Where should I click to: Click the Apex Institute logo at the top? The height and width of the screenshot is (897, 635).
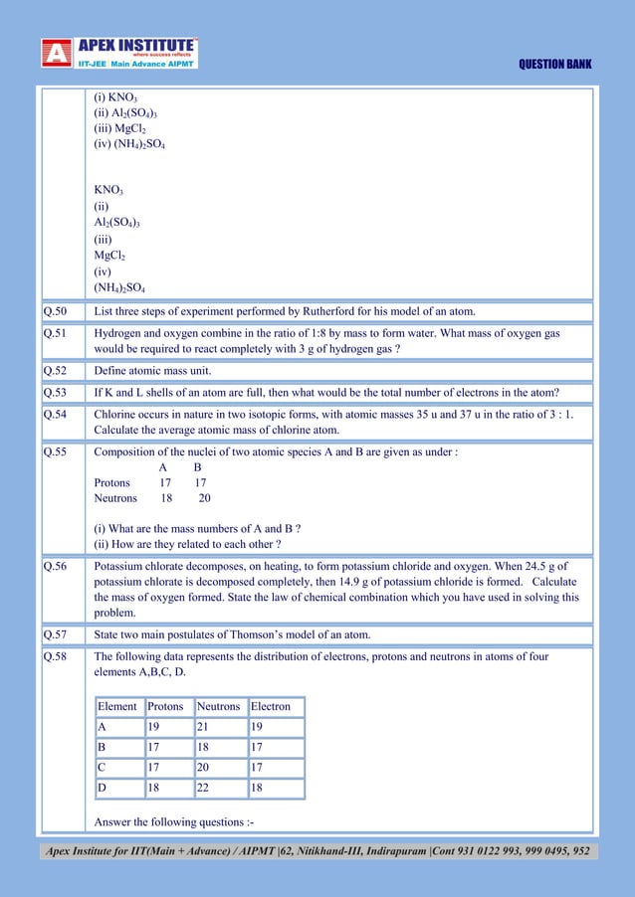[119, 53]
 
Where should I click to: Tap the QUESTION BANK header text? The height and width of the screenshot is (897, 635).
[555, 65]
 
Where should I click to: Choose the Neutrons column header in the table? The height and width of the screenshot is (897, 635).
[219, 707]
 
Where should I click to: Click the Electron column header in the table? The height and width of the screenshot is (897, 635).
[271, 707]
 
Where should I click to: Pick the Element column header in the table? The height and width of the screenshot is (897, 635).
[117, 707]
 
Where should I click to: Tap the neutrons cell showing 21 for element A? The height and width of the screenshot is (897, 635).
[204, 727]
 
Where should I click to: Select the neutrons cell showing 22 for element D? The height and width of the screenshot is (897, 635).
[204, 788]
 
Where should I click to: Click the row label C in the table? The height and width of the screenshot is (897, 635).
[102, 768]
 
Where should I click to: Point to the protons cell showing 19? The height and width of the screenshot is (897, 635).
[154, 727]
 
